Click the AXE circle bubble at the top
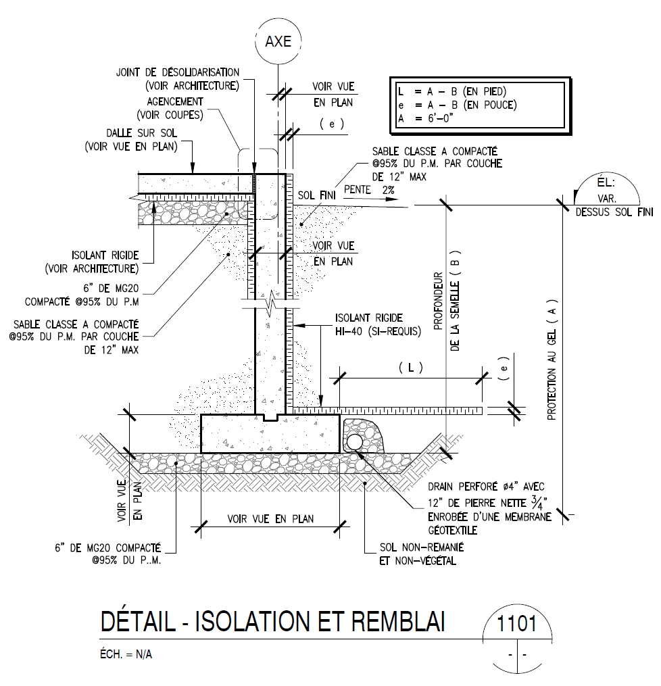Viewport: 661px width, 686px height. [278, 41]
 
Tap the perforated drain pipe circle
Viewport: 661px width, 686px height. [354, 442]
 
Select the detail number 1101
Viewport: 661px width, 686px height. [517, 623]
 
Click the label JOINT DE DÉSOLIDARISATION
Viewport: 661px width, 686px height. [178, 72]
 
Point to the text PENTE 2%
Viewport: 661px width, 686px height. [370, 190]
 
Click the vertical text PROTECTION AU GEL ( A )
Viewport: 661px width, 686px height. [552, 361]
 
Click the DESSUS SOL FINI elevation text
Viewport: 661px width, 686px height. [614, 212]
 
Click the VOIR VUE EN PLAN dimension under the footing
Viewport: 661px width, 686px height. [270, 519]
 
